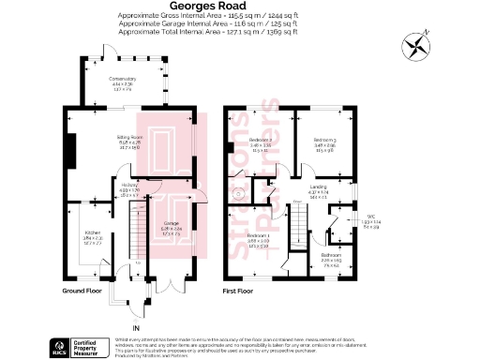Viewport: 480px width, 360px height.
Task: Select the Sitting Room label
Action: [x=127, y=142]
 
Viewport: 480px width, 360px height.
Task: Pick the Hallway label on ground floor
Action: [x=129, y=187]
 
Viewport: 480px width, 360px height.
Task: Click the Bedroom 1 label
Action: [x=259, y=241]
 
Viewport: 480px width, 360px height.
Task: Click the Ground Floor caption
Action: [x=82, y=291]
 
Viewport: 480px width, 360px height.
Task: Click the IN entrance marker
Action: [x=136, y=327]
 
